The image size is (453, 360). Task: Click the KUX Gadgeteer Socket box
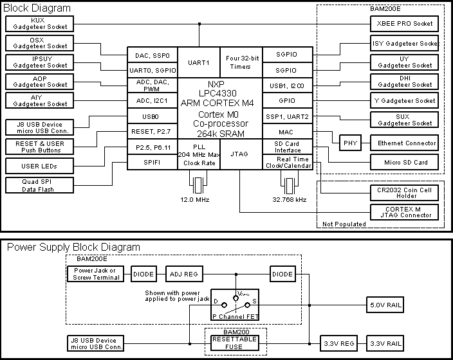pos(38,24)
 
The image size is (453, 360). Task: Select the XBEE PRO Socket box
pos(405,24)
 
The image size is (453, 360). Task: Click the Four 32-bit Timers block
pos(241,62)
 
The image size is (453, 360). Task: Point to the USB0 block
pos(151,116)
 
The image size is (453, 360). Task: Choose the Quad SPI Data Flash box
pos(38,185)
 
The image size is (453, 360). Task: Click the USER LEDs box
pos(38,166)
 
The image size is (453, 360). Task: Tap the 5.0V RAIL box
pos(385,305)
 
